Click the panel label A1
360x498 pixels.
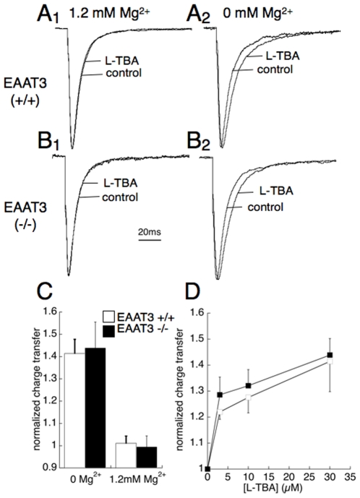pos(48,14)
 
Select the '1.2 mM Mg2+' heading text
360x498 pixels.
pos(109,14)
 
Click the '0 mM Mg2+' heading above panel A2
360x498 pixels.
pos(257,14)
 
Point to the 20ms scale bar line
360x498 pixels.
pos(150,240)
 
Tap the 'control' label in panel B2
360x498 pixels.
pos(265,207)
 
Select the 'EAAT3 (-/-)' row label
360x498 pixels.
pos(25,215)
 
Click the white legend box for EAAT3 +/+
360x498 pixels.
pos(108,317)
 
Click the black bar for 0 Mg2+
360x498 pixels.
pos(95,408)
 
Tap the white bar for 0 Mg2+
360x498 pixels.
pos(74,410)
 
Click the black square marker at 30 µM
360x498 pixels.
pos(330,355)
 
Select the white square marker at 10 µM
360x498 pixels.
pos(248,397)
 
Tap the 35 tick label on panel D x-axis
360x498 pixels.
pos(350,477)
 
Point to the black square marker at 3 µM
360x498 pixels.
pos(220,395)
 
